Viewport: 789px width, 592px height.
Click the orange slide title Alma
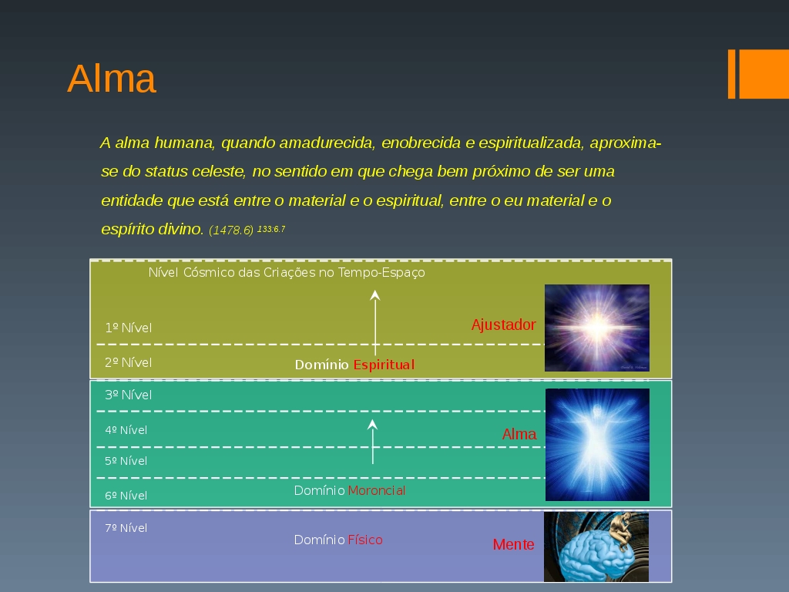(x=112, y=79)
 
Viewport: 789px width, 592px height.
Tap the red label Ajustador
(x=503, y=325)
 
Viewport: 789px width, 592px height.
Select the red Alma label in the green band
(x=519, y=434)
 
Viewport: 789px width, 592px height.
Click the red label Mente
(x=513, y=544)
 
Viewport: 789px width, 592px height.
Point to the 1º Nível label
(x=129, y=328)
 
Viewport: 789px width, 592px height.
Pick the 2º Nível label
(x=129, y=362)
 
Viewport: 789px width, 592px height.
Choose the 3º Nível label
(x=129, y=395)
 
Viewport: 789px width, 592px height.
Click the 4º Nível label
(x=126, y=430)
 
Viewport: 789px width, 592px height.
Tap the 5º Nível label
(x=126, y=461)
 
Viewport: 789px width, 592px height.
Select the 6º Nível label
(x=126, y=496)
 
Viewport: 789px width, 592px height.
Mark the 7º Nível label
(x=126, y=527)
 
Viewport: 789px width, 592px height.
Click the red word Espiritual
(x=384, y=365)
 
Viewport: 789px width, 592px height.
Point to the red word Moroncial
(x=376, y=490)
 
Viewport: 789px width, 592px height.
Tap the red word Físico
(x=365, y=540)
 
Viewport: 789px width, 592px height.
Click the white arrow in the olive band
(x=375, y=323)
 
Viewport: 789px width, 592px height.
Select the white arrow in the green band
(x=372, y=442)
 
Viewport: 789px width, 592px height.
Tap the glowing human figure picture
(x=597, y=445)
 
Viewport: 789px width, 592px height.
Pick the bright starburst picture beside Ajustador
(x=597, y=328)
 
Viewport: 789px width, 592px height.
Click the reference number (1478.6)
(x=231, y=230)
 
